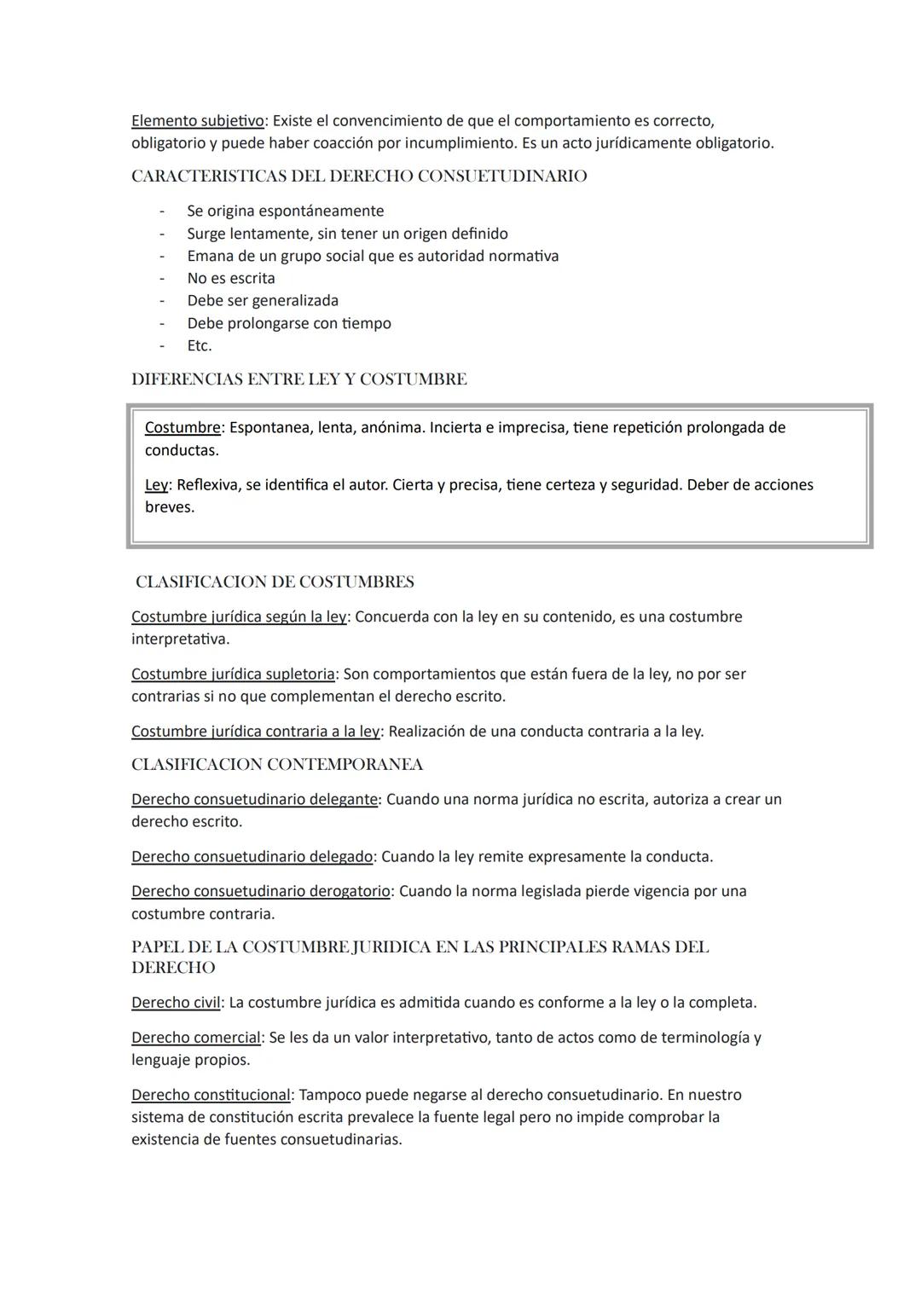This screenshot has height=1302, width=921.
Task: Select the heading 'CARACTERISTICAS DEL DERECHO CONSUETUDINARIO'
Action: (x=359, y=176)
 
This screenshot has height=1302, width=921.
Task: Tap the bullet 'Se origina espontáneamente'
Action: (x=286, y=211)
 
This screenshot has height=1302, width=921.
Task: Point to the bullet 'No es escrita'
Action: (x=231, y=278)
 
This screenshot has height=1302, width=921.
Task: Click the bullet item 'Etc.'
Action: (x=200, y=345)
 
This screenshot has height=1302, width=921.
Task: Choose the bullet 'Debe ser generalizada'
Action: (x=263, y=300)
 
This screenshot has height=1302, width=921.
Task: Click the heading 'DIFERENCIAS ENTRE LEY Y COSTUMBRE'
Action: (x=298, y=379)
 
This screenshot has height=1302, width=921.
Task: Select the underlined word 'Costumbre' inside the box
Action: (x=182, y=427)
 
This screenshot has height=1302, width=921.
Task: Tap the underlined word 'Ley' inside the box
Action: (x=156, y=484)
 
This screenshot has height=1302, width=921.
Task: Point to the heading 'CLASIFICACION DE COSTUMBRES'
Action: (x=275, y=582)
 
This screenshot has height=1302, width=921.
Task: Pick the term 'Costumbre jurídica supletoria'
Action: (x=233, y=674)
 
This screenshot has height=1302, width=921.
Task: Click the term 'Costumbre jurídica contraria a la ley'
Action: (x=256, y=731)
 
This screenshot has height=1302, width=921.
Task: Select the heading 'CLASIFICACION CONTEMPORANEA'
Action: (x=277, y=765)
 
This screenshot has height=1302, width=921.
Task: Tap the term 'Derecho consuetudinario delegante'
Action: (x=254, y=799)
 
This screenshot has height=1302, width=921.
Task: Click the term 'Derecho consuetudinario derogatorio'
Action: (x=261, y=891)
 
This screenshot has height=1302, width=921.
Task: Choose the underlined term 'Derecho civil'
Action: (x=176, y=1002)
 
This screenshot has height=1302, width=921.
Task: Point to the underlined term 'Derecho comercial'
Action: (x=196, y=1037)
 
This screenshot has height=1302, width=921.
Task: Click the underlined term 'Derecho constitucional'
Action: (x=211, y=1094)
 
